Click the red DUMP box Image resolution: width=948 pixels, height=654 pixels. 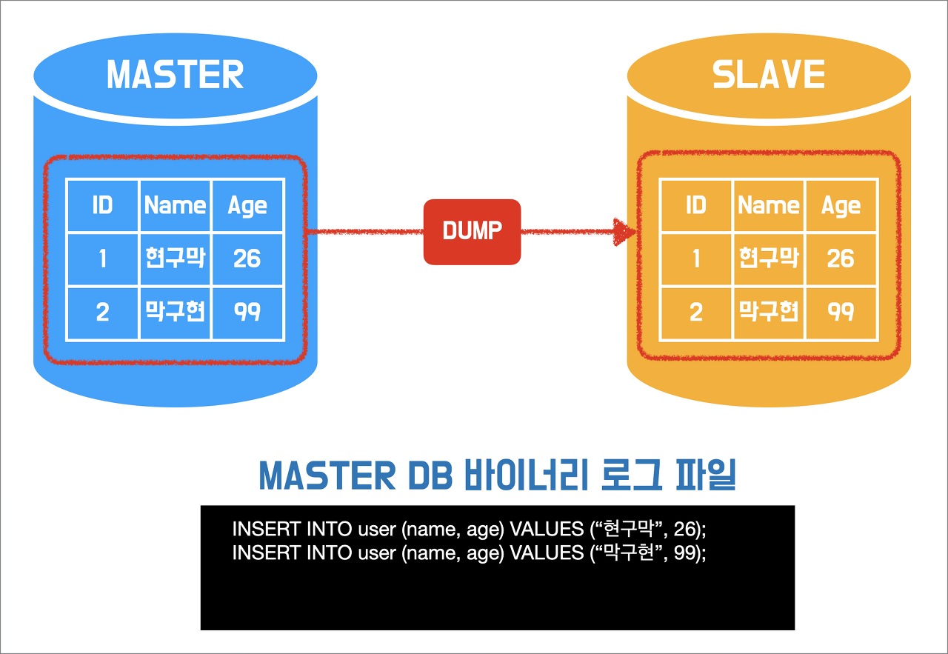click(472, 231)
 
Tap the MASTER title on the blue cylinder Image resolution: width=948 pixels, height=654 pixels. click(176, 75)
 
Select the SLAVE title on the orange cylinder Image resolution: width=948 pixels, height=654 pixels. click(769, 75)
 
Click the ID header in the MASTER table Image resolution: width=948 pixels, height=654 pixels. click(102, 205)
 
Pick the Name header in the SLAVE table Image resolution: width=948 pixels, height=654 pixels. click(769, 205)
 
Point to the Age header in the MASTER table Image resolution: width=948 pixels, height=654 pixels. click(247, 205)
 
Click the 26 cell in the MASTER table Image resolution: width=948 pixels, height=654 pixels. click(247, 258)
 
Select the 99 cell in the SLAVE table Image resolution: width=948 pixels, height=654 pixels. click(841, 312)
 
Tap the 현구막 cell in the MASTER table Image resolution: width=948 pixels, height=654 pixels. click(176, 258)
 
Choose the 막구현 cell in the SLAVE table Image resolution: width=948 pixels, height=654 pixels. click(769, 312)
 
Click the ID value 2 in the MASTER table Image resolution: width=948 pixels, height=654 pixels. click(102, 312)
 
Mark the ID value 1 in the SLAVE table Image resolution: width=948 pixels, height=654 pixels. click(695, 258)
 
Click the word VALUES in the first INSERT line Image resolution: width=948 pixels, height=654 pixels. click(547, 530)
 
